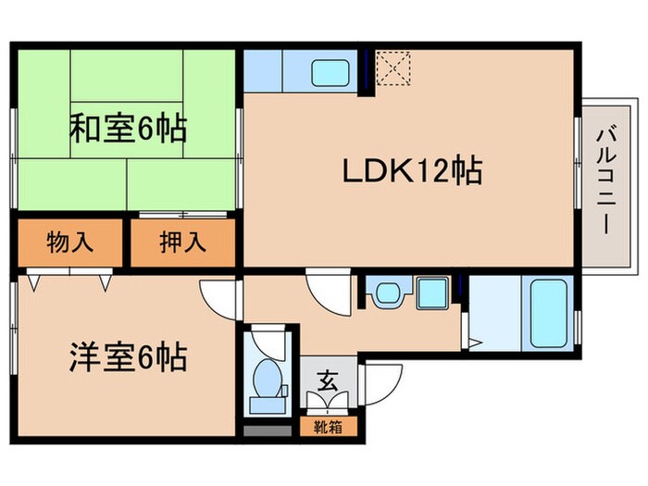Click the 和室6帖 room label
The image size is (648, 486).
tap(128, 127)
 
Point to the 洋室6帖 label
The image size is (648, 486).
tap(127, 355)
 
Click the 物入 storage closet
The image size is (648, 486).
tap(69, 243)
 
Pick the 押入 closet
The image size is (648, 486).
tap(181, 243)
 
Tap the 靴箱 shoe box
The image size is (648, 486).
tap(327, 428)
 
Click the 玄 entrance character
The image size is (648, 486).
tap(327, 380)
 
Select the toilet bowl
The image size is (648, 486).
tap(268, 380)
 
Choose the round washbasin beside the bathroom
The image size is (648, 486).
tap(385, 295)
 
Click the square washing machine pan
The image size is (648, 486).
tap(431, 295)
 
